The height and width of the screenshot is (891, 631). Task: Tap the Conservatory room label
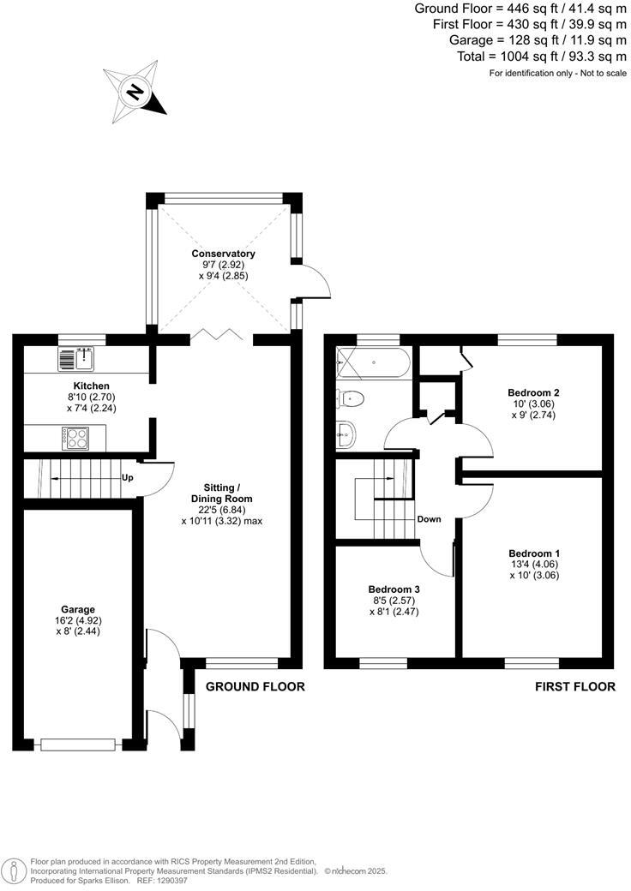coord(223,254)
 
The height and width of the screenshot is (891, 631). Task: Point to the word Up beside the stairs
coord(128,477)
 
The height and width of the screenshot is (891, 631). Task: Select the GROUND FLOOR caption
coord(255,686)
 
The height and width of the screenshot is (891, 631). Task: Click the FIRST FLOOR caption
coord(574,686)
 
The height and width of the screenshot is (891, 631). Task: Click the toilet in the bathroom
coord(352,398)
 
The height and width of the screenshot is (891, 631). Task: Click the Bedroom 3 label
coord(394,589)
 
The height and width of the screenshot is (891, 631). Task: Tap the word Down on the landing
coord(429,519)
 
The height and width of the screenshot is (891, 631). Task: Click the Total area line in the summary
coord(543,56)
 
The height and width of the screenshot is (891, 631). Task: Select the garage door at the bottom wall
coord(77,744)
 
